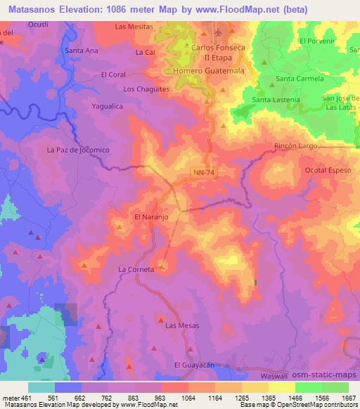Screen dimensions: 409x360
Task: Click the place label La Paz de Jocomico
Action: [79, 150]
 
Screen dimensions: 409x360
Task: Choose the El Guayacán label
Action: [193, 365]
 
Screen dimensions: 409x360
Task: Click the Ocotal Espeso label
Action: [327, 171]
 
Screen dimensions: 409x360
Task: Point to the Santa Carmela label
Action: [299, 79]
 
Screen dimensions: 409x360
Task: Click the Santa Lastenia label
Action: [276, 100]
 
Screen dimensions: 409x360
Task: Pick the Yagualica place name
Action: [108, 106]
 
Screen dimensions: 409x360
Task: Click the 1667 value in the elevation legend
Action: [347, 398]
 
